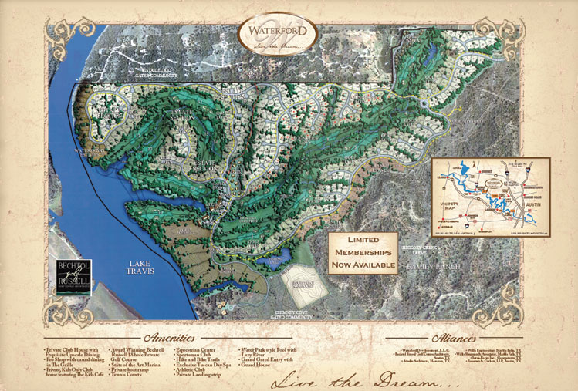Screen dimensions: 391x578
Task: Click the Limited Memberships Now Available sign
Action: [x=363, y=253]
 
